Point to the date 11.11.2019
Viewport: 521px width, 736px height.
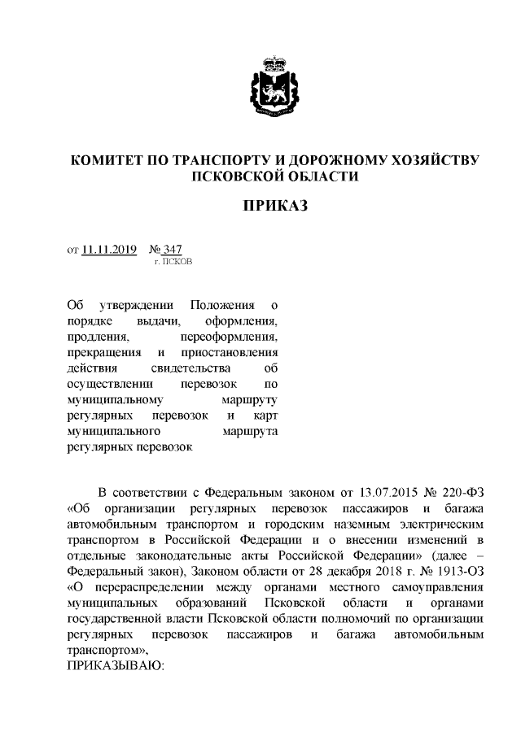(x=109, y=250)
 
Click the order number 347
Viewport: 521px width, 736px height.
(x=170, y=250)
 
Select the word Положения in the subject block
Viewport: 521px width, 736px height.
(x=222, y=306)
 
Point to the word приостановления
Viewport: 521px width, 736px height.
(x=231, y=353)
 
